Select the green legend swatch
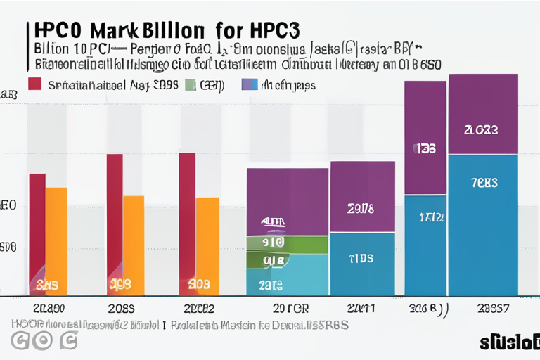point(190,85)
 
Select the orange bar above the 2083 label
point(134,243)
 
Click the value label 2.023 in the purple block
point(482,130)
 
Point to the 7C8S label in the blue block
point(483,183)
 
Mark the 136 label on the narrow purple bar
point(425,149)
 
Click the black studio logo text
point(508,342)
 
